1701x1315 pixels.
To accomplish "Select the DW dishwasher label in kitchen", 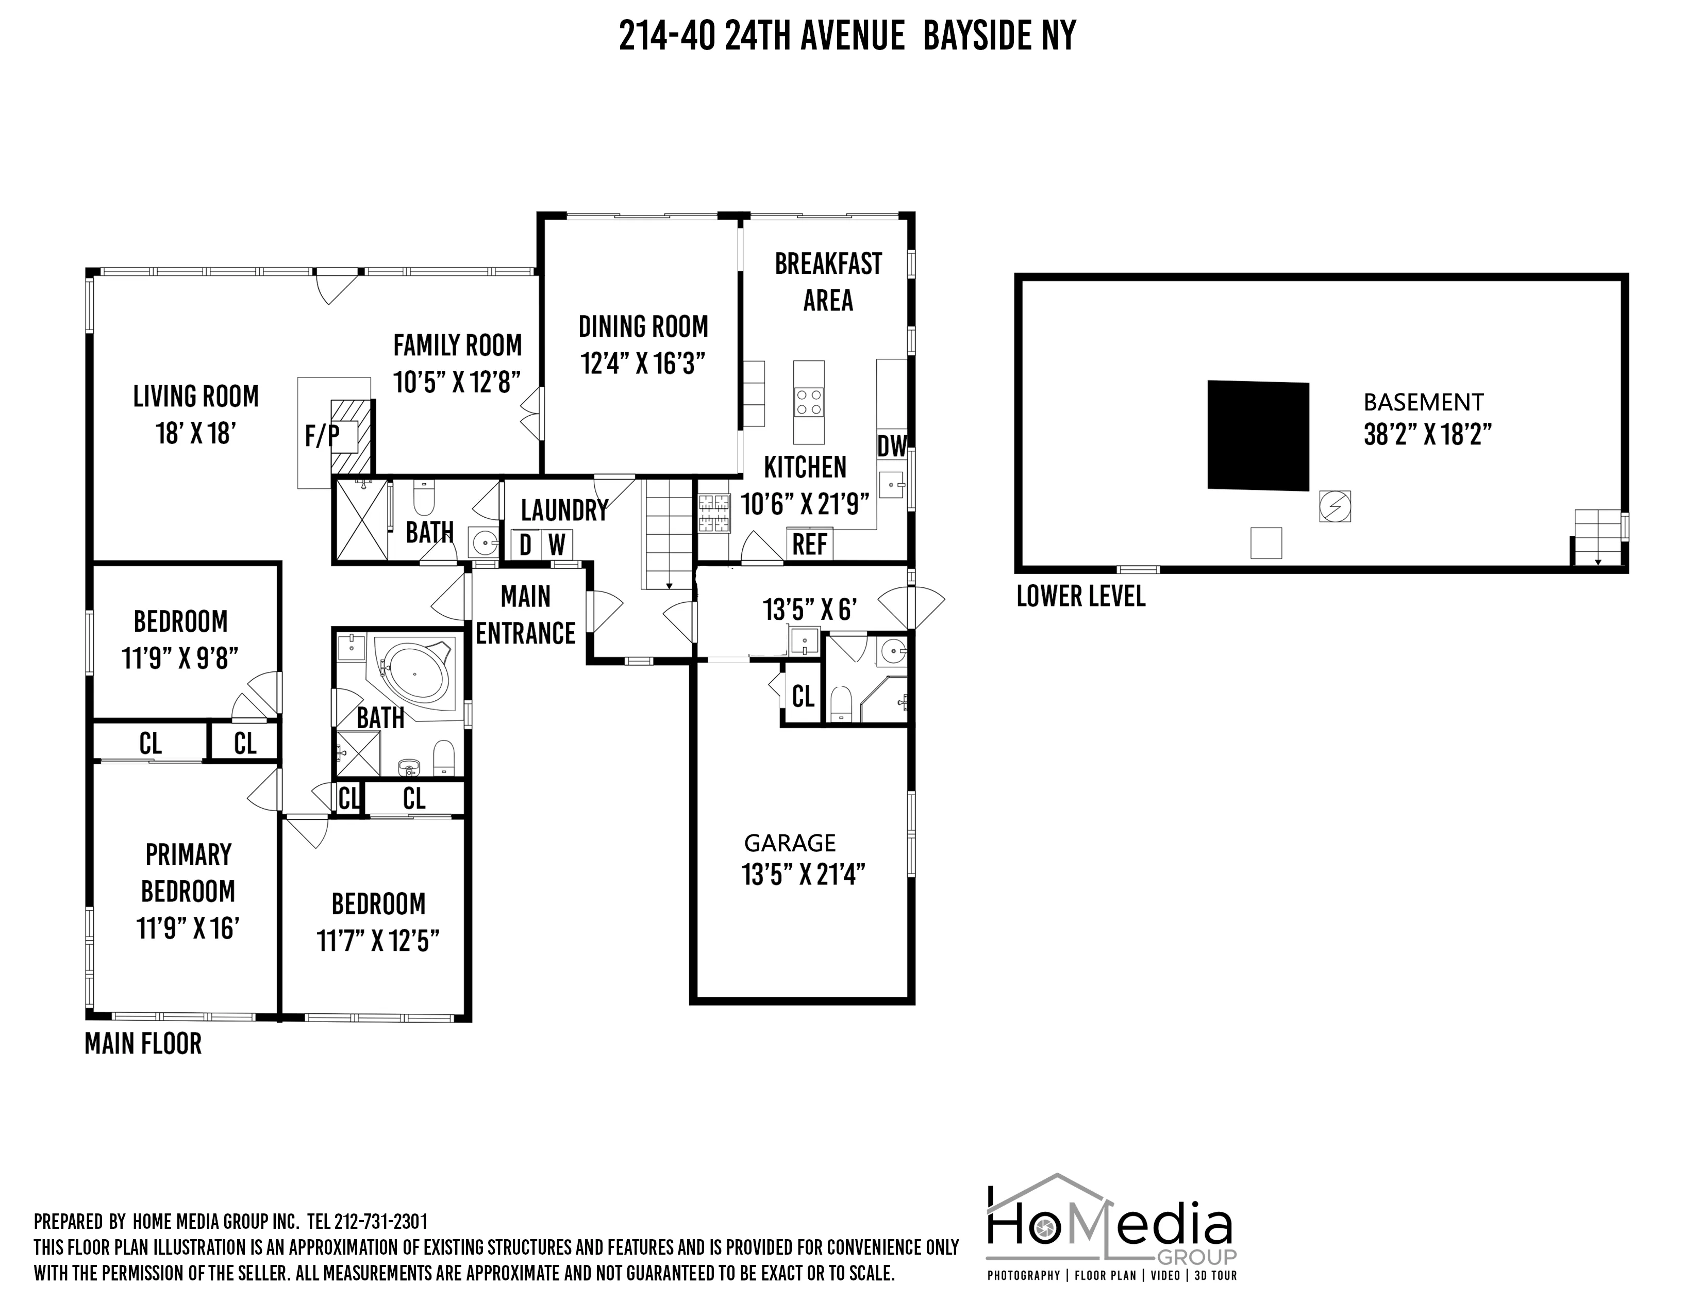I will pyautogui.click(x=892, y=447).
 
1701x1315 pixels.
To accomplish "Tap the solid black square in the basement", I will pyautogui.click(x=1258, y=435).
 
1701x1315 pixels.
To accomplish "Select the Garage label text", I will pyautogui.click(x=790, y=843).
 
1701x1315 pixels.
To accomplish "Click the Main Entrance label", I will pyautogui.click(x=526, y=615).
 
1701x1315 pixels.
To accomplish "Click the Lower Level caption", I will pyautogui.click(x=1080, y=597).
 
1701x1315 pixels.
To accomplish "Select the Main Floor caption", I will pyautogui.click(x=143, y=1044).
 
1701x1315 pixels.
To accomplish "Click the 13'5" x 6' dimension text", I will pyautogui.click(x=810, y=609).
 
